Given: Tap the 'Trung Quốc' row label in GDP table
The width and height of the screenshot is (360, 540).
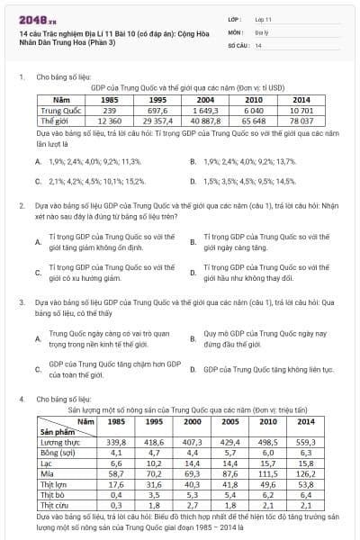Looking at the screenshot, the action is tap(62, 110).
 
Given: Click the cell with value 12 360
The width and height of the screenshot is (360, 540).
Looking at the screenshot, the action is tap(110, 120).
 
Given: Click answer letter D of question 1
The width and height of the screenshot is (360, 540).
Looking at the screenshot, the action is tap(193, 181).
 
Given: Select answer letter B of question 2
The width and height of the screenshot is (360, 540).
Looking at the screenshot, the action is tap(193, 242).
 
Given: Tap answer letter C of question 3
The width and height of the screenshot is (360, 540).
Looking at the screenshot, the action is tap(37, 369).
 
